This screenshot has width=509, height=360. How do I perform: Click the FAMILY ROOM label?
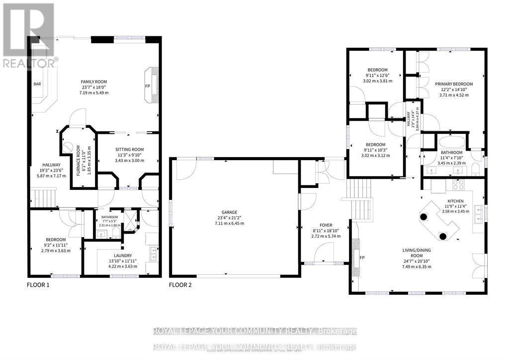[x=94, y=82]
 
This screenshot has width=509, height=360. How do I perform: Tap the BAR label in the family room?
[x=37, y=84]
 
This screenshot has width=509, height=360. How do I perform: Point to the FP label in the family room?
[x=148, y=86]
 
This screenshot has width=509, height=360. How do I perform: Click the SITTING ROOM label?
[x=129, y=149]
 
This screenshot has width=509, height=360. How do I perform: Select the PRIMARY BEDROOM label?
[x=453, y=84]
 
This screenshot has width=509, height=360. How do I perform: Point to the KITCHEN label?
[x=452, y=200]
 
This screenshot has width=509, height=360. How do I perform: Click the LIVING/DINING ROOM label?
[x=417, y=254]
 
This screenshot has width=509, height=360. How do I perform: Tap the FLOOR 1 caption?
[x=38, y=285]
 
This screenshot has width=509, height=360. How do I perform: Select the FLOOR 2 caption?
[x=180, y=285]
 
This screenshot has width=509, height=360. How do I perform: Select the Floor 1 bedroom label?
[x=55, y=240]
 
